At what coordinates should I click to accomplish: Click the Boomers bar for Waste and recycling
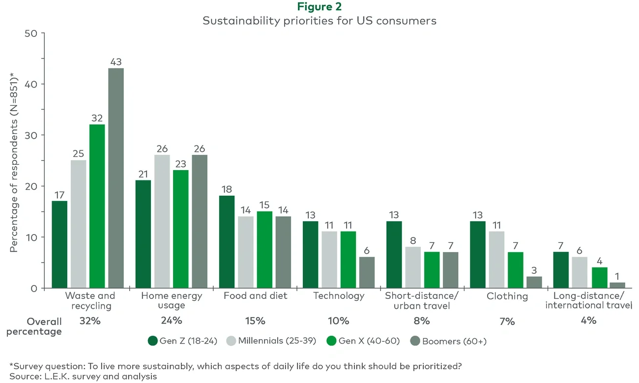116,178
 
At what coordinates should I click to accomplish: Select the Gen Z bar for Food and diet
227,242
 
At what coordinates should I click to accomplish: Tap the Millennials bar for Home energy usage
162,222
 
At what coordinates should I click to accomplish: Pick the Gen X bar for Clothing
516,270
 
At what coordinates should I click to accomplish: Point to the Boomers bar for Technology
366,272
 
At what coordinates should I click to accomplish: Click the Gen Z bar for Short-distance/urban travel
394,255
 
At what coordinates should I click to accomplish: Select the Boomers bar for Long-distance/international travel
617,285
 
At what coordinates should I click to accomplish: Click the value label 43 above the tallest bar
116,62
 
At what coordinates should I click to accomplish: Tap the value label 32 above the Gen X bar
97,118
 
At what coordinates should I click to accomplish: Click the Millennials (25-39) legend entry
271,341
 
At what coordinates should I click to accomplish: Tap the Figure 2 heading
319,7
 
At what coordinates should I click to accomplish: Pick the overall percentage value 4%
588,321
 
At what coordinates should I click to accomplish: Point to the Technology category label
339,296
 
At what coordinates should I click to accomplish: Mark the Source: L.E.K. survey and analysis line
83,377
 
